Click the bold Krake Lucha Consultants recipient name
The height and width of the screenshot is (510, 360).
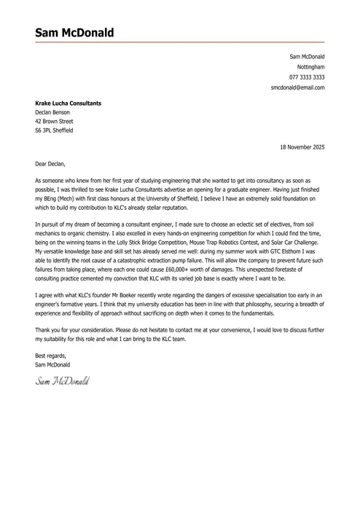(68, 103)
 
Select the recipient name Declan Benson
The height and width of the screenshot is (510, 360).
(55, 113)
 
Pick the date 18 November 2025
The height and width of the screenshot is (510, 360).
(302, 147)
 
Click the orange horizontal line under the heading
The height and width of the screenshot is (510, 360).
(179, 42)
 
